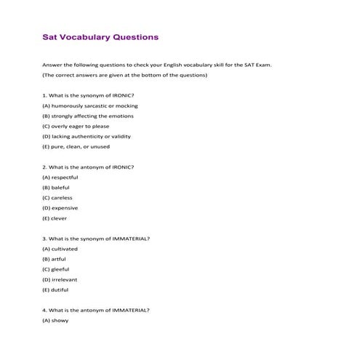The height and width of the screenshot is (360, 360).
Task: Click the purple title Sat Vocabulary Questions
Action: click(x=100, y=36)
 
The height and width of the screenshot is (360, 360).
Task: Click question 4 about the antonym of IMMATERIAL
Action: click(x=97, y=309)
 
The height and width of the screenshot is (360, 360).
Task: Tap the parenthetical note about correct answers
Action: click(x=125, y=75)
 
